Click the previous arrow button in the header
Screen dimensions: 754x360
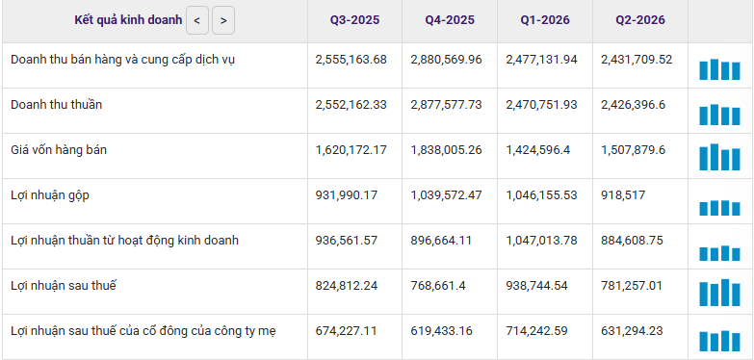pyautogui.click(x=197, y=20)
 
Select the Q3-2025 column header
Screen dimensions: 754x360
pyautogui.click(x=354, y=20)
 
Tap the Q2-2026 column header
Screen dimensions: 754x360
pyautogui.click(x=640, y=20)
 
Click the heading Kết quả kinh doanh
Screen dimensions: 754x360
pyautogui.click(x=128, y=20)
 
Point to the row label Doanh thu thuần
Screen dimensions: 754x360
pyautogui.click(x=56, y=105)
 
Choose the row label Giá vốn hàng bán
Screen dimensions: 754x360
pyautogui.click(x=59, y=150)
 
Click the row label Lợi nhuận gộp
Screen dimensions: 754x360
pyautogui.click(x=49, y=195)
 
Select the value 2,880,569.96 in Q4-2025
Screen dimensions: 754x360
pyautogui.click(x=446, y=60)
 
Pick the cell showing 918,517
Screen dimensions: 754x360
pyautogui.click(x=623, y=195)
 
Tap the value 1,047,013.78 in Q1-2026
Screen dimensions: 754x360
pyautogui.click(x=541, y=241)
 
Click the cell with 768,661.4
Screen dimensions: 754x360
pyautogui.click(x=437, y=286)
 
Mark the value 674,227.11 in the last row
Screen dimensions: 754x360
pyautogui.click(x=347, y=331)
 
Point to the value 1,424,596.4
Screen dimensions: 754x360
pyautogui.click(x=537, y=150)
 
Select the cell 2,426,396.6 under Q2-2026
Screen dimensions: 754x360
pyautogui.click(x=633, y=105)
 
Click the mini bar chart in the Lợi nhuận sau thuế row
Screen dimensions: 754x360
pyautogui.click(x=719, y=293)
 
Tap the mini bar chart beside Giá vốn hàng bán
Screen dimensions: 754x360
pyautogui.click(x=719, y=157)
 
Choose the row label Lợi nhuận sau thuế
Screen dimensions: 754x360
pyautogui.click(x=64, y=286)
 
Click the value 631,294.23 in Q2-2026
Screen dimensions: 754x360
pyautogui.click(x=632, y=331)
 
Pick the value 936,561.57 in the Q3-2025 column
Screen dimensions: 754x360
pyautogui.click(x=347, y=241)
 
